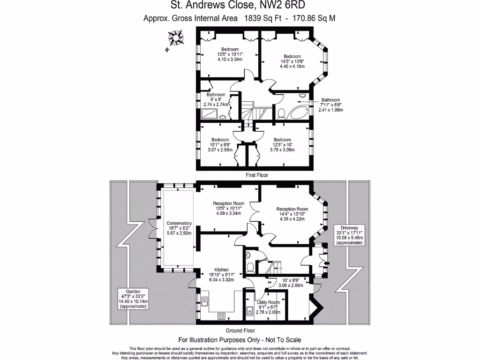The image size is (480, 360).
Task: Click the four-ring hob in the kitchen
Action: (222, 316)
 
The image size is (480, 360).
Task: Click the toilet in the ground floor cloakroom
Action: (250, 267)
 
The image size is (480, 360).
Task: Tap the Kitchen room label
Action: (221, 270)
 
